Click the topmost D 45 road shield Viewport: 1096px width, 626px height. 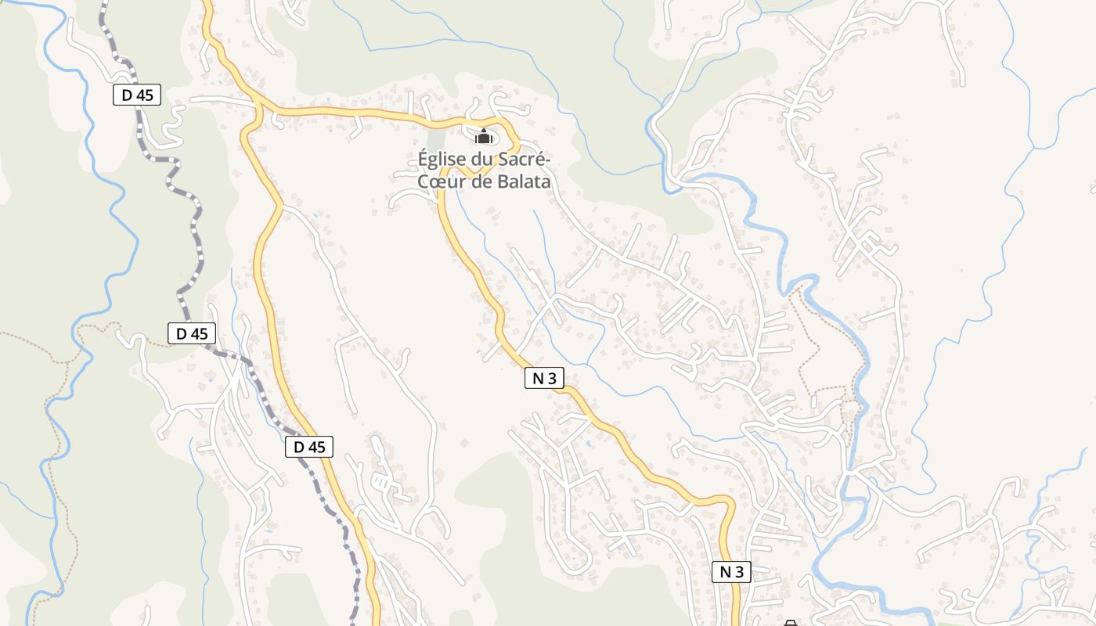click(x=137, y=95)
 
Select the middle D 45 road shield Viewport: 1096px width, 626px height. click(x=192, y=333)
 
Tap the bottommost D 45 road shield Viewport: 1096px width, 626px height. click(x=309, y=447)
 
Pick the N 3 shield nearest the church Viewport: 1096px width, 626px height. click(x=544, y=378)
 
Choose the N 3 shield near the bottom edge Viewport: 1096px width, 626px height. click(x=731, y=572)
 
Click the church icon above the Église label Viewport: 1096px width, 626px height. click(x=484, y=137)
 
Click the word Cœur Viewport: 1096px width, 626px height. click(x=438, y=182)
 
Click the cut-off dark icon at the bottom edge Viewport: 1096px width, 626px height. click(x=790, y=623)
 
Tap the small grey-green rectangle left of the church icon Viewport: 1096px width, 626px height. click(x=435, y=145)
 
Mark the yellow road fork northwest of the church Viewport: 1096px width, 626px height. click(x=258, y=110)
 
